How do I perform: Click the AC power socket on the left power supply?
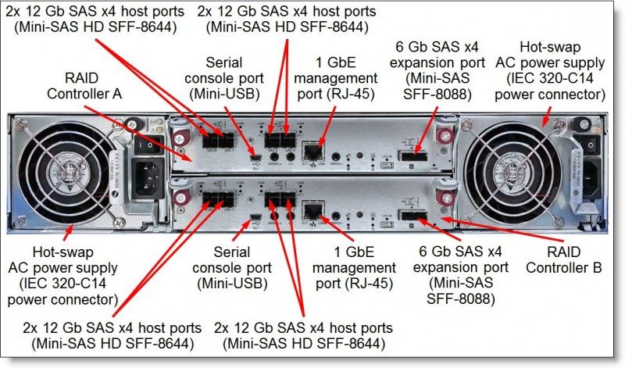148,180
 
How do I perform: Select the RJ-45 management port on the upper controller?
314,152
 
